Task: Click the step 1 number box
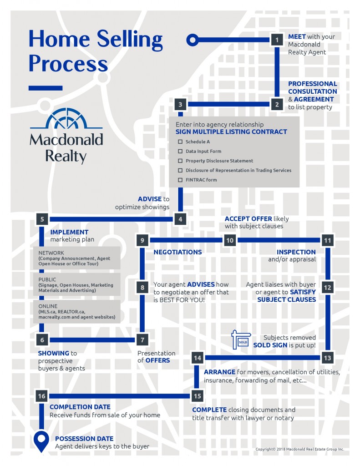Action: point(277,40)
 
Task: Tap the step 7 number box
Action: point(142,339)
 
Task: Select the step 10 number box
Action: point(230,240)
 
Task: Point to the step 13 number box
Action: point(327,358)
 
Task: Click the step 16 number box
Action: point(41,396)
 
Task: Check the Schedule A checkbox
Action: point(180,142)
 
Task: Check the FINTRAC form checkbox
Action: point(180,180)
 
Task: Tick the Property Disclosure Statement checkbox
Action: point(180,161)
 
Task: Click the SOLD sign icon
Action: point(241,339)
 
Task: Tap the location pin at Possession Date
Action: point(41,441)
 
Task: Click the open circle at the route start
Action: point(193,40)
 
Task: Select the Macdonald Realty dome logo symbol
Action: point(66,119)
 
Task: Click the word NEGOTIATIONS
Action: point(177,252)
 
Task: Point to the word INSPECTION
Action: point(296,252)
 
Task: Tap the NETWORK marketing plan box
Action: point(77,258)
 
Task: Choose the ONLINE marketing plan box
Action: point(77,311)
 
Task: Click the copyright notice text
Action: point(299,449)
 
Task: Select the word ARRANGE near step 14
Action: point(219,372)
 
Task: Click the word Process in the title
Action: point(68,64)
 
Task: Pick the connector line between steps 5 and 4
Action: point(111,219)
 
